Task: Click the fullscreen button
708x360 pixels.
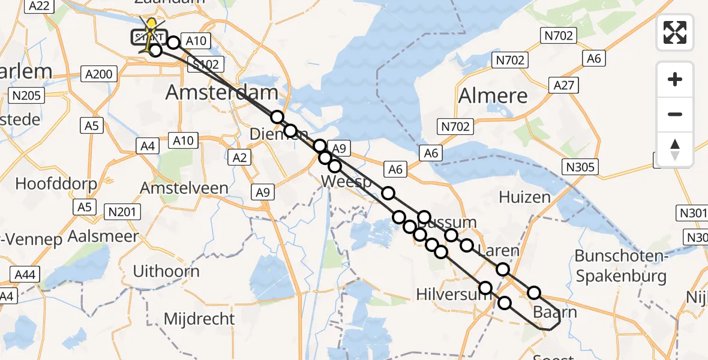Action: (675, 32)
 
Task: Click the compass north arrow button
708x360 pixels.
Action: (675, 149)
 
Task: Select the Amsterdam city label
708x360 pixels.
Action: (221, 92)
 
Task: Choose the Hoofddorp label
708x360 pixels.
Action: (56, 184)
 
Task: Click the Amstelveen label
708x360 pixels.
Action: (184, 188)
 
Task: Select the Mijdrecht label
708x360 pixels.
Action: (199, 318)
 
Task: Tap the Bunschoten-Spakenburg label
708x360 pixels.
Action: (620, 266)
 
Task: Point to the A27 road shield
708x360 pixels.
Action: (565, 85)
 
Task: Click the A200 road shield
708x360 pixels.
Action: (99, 74)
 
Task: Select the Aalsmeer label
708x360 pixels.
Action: (103, 236)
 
